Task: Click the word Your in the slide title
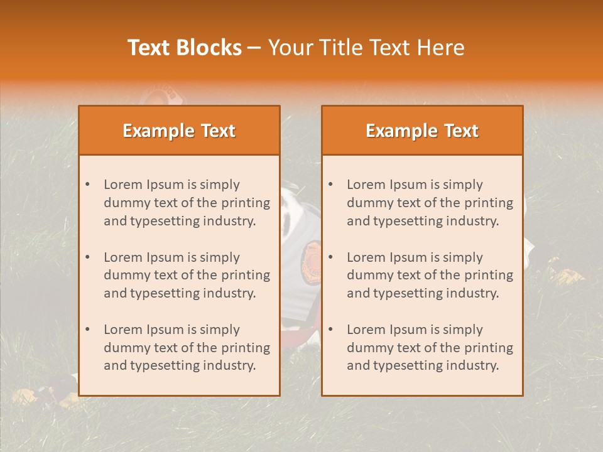[289, 48]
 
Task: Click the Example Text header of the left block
[179, 131]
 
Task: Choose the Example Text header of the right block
[422, 131]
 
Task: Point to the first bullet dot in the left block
[88, 185]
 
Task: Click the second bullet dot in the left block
[88, 257]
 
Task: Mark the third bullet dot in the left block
[88, 330]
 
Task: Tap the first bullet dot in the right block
[331, 185]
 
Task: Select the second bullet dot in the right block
[331, 257]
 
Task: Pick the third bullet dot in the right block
[331, 330]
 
